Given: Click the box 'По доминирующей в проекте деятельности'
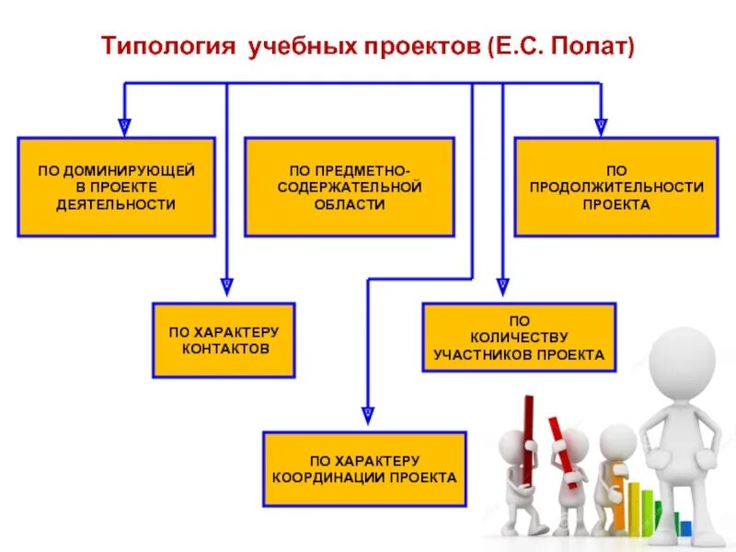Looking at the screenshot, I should coord(116,187).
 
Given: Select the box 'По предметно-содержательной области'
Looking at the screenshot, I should coord(349,187).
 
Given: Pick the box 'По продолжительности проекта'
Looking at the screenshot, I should coord(615,187).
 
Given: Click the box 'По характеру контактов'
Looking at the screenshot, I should coord(224,339).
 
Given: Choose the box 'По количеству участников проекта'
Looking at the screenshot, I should coord(519,338).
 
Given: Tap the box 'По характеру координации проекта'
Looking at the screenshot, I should coord(364,468).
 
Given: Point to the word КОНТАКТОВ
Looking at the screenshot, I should coord(224,350).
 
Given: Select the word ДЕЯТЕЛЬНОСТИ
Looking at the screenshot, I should coord(116,204).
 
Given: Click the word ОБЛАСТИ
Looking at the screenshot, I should coord(350,204).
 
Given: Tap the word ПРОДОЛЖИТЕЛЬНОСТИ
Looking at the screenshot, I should coord(616,187).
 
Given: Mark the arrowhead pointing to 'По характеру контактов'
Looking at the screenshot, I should coord(227,286).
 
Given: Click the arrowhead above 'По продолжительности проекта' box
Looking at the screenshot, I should coord(601,122).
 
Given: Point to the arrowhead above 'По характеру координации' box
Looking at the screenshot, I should coord(368,414).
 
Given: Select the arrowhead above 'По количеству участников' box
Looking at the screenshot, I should coord(502,286).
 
